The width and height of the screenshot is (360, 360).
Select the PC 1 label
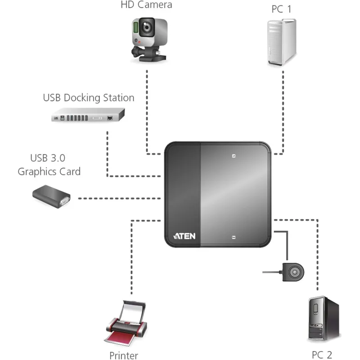[281, 9]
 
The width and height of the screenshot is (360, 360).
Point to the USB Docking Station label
[89, 98]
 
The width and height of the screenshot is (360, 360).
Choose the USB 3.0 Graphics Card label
[49, 165]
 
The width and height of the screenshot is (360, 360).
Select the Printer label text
[123, 355]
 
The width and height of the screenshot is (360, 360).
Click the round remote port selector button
[294, 272]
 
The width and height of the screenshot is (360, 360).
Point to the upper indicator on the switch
[234, 157]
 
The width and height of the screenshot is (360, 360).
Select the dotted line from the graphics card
[119, 198]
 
